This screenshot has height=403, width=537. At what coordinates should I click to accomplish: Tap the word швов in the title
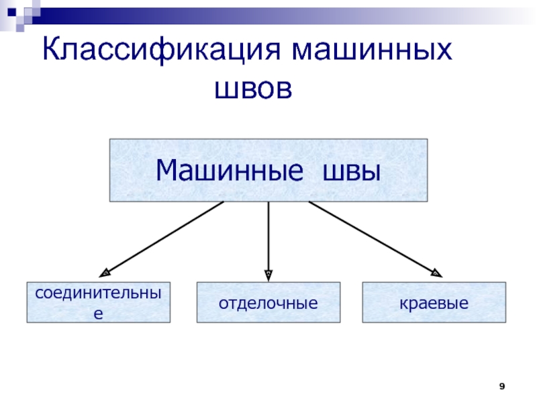tap(254, 87)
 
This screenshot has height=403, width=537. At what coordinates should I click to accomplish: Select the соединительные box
tap(98, 303)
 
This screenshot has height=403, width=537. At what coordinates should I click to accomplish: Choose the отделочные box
tap(268, 303)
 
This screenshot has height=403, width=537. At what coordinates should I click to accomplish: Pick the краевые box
tap(434, 303)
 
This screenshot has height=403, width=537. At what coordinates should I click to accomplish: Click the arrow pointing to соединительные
tap(164, 238)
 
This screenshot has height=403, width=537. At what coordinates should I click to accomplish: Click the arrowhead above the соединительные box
tap(105, 273)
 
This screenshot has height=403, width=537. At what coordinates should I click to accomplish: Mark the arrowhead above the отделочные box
tap(268, 274)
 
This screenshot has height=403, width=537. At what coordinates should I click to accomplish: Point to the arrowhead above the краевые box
tap(436, 273)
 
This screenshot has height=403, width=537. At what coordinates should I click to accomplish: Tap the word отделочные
tap(268, 304)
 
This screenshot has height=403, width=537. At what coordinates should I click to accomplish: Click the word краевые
tap(434, 304)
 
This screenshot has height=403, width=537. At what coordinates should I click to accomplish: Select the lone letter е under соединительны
tap(98, 313)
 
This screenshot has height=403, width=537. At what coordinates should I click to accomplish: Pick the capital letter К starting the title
tap(52, 50)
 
